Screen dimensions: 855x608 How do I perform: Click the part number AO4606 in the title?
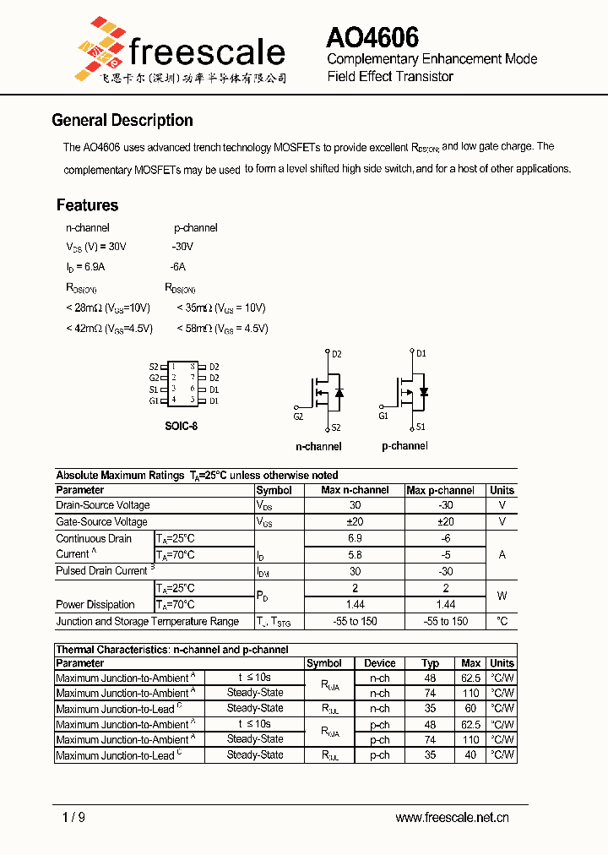tap(372, 37)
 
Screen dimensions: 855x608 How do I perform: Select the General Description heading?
tap(122, 120)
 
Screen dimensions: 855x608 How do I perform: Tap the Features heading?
tap(87, 205)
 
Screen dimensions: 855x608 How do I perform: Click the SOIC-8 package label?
tap(181, 426)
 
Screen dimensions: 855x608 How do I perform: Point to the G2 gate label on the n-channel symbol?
tap(298, 417)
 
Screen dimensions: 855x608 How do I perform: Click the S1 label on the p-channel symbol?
tap(421, 427)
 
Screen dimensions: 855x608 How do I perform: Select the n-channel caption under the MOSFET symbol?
tap(318, 446)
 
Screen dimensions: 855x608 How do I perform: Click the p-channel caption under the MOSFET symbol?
tap(404, 446)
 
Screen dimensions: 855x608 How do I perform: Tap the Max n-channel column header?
tap(355, 490)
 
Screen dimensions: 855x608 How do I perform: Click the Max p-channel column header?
tap(440, 490)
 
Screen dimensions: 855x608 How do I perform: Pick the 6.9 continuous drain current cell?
tap(355, 538)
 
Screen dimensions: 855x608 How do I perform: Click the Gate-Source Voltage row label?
tap(101, 522)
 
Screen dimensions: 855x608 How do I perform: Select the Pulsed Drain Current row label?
tap(102, 571)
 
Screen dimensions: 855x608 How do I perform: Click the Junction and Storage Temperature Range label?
tap(147, 621)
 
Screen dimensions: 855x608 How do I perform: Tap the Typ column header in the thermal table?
tap(431, 663)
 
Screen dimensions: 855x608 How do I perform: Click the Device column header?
tap(380, 663)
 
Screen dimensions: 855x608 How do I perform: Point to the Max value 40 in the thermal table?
tap(470, 755)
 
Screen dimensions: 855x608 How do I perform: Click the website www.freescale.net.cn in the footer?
tap(452, 817)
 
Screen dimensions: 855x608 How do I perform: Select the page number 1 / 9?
tap(74, 817)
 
